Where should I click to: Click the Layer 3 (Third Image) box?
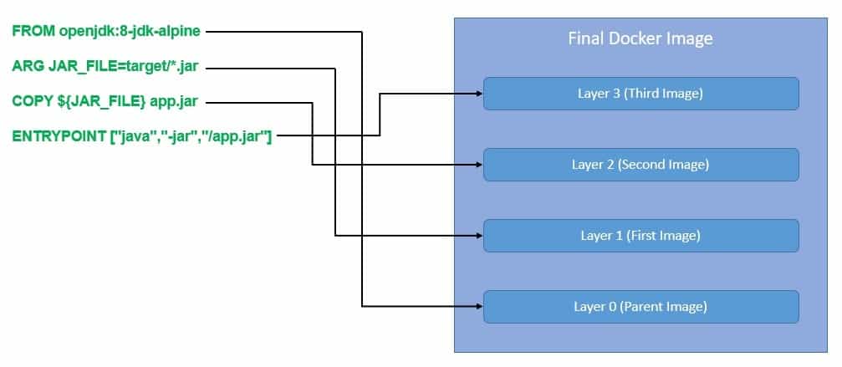[x=640, y=94]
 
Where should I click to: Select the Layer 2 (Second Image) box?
[x=640, y=165]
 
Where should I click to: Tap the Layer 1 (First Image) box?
[x=640, y=236]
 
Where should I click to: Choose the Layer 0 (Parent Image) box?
[x=640, y=307]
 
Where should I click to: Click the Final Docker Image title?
[x=640, y=38]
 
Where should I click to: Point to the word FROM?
[x=33, y=32]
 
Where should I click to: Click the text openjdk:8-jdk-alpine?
[x=130, y=32]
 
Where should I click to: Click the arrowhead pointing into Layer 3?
[x=478, y=94]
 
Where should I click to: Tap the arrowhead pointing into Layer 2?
[x=478, y=165]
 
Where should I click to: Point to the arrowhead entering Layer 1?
[x=478, y=236]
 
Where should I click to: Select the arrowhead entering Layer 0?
[x=478, y=307]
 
